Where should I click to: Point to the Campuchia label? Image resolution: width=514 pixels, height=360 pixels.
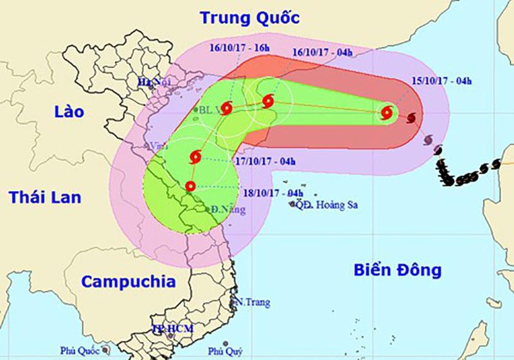point(129,281)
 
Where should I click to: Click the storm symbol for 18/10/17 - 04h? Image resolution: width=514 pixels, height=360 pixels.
point(190,186)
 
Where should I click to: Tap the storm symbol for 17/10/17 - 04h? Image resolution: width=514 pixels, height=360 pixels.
point(195,156)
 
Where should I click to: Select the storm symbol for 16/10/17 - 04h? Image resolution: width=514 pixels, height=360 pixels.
point(268,100)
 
